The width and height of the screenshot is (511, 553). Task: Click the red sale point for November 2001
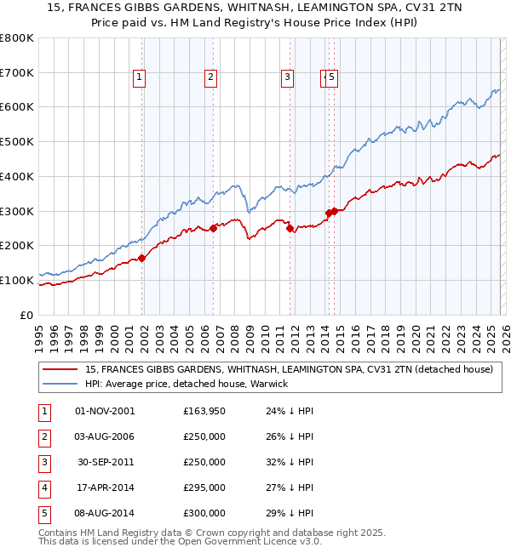coord(142,258)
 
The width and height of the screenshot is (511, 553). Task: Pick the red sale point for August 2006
coord(214,227)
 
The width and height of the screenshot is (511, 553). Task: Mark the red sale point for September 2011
coord(290,228)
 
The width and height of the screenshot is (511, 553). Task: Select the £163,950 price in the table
coord(204,411)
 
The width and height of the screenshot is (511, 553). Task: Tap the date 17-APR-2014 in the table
coord(104,487)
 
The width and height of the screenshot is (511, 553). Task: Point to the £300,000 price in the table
coord(204,513)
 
